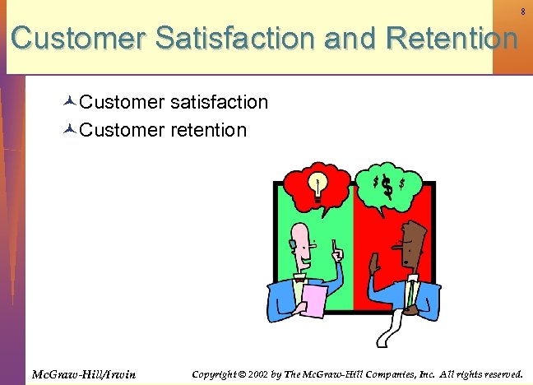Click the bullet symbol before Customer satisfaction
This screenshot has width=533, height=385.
tap(69, 103)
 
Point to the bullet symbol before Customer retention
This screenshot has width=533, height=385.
tap(69, 130)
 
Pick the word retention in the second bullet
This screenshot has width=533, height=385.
tap(208, 129)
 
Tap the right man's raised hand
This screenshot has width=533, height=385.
tap(372, 264)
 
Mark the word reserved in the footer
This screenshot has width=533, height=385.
tap(499, 374)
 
